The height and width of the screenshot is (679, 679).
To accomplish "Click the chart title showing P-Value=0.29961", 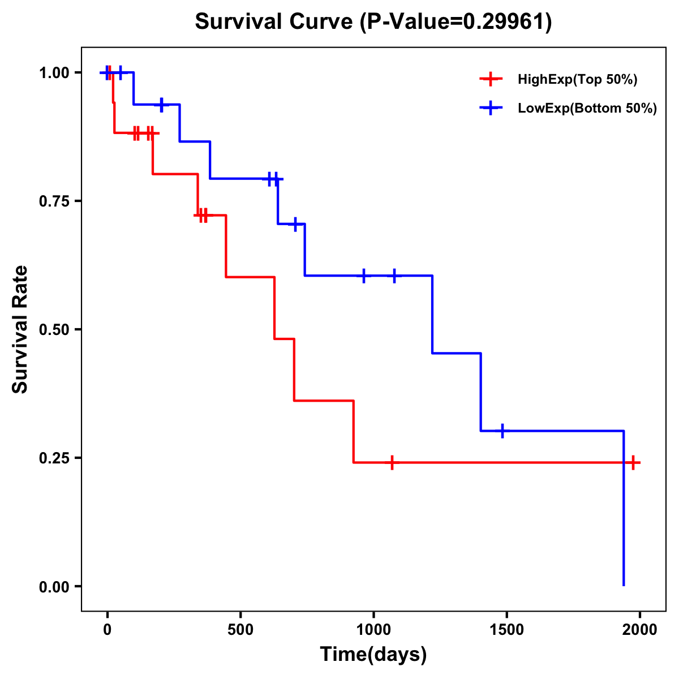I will coord(373,22).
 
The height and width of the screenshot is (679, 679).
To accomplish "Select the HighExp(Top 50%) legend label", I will coord(577,80).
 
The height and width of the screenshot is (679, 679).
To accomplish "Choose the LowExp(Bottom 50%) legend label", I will coord(587,109).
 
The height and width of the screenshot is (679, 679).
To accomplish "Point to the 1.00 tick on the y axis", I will coord(54,73).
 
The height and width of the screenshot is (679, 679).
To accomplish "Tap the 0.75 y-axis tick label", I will coord(54,201).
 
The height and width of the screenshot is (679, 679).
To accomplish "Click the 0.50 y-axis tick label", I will coord(54,330).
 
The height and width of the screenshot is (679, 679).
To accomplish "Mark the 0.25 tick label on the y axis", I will coord(54,458).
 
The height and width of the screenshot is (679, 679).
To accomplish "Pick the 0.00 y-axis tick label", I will coord(54,587).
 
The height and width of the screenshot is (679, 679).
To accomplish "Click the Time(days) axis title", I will coord(373,655).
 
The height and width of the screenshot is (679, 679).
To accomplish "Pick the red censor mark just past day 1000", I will coord(392,462).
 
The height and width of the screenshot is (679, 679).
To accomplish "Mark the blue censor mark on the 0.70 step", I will coord(295,224).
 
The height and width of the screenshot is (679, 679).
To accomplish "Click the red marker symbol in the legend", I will coord(491,80).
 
